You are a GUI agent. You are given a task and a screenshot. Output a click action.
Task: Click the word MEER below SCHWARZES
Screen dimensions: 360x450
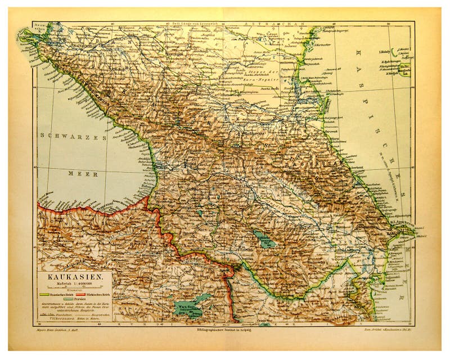click(x=79, y=174)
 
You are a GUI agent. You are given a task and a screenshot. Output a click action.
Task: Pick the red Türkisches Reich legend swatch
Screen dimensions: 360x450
click(x=80, y=294)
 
